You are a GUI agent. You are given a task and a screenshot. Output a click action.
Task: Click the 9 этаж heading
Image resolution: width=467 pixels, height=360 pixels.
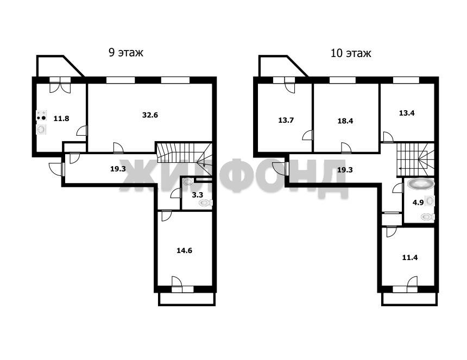click(x=125, y=53)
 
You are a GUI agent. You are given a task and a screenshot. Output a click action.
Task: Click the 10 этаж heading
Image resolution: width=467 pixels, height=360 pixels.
click(x=351, y=53)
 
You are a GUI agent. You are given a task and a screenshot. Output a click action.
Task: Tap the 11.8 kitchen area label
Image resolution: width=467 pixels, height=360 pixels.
click(x=61, y=118)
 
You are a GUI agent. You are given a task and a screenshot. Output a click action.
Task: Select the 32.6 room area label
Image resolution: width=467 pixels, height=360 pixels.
click(x=150, y=115)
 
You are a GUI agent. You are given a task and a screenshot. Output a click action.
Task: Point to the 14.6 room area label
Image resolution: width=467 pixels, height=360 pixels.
click(x=185, y=251)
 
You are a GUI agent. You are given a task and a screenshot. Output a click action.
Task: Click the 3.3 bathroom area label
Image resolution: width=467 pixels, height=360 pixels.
click(x=198, y=195)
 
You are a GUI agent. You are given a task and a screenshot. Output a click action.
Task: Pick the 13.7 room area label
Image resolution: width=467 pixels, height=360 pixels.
click(x=286, y=121)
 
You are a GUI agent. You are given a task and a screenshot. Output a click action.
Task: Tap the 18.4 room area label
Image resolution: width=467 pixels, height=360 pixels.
click(x=345, y=121)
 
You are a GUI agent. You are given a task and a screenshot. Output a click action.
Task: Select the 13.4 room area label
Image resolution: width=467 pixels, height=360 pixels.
click(x=407, y=113)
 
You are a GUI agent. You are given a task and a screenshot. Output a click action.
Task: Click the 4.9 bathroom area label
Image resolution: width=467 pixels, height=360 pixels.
click(x=418, y=203)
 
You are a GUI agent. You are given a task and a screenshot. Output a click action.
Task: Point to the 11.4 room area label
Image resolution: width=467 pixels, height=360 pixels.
click(x=410, y=257)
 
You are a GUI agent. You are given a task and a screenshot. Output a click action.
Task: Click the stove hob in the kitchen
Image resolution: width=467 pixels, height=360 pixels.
click(x=41, y=116)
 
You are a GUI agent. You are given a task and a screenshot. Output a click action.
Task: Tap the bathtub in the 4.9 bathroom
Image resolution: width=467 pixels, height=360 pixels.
click(x=420, y=184)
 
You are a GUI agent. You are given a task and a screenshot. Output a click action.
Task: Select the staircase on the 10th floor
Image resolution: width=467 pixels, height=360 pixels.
click(x=415, y=160)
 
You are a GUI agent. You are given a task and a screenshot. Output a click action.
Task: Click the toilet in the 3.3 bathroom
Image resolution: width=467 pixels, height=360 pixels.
click(x=205, y=203)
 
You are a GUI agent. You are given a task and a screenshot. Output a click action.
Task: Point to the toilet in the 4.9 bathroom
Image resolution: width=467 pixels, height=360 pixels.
click(x=428, y=217)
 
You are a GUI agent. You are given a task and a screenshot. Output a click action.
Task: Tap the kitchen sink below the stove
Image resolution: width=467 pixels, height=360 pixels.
click(x=41, y=129)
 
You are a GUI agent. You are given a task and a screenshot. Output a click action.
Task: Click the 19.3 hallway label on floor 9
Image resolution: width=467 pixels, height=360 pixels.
click(x=118, y=169)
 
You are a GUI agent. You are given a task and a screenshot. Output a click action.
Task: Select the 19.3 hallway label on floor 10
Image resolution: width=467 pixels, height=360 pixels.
click(x=345, y=170)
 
